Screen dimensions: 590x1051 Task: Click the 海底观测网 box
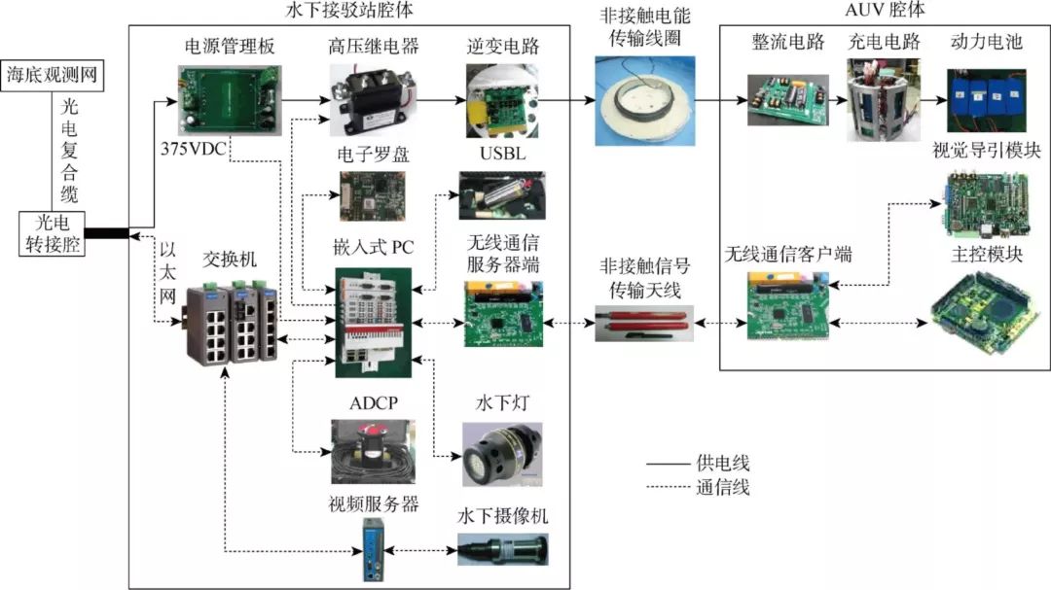[54, 74]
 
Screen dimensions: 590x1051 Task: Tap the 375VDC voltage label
[195, 153]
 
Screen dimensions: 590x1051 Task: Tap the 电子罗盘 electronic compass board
[373, 195]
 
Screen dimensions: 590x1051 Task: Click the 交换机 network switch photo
[231, 321]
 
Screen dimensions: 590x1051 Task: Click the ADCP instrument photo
[375, 450]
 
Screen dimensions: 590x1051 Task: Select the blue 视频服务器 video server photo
[374, 549]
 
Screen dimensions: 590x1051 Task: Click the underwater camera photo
[502, 549]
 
